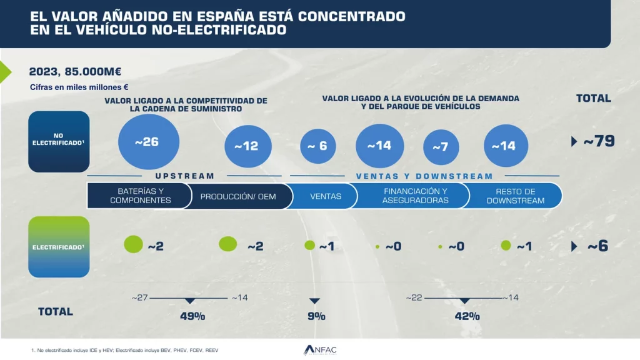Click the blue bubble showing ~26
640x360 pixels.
coord(148,142)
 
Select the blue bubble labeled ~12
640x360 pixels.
coord(246,146)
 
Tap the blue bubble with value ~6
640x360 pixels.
coord(317,146)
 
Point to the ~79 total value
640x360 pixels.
coord(598,141)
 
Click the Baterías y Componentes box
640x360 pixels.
coord(139,196)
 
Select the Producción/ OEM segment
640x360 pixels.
coord(237,196)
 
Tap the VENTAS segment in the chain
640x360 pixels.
coord(326,196)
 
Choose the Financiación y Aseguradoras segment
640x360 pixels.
coord(416,196)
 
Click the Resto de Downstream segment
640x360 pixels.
coord(515,196)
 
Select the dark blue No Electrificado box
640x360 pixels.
coord(59,141)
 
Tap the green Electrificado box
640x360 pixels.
coord(59,246)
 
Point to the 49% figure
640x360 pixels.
coord(192,316)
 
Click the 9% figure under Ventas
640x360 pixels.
coord(316,316)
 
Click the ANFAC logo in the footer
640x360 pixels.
coord(319,350)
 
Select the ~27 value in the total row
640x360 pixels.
coord(139,297)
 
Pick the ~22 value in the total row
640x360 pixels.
coord(414,297)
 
